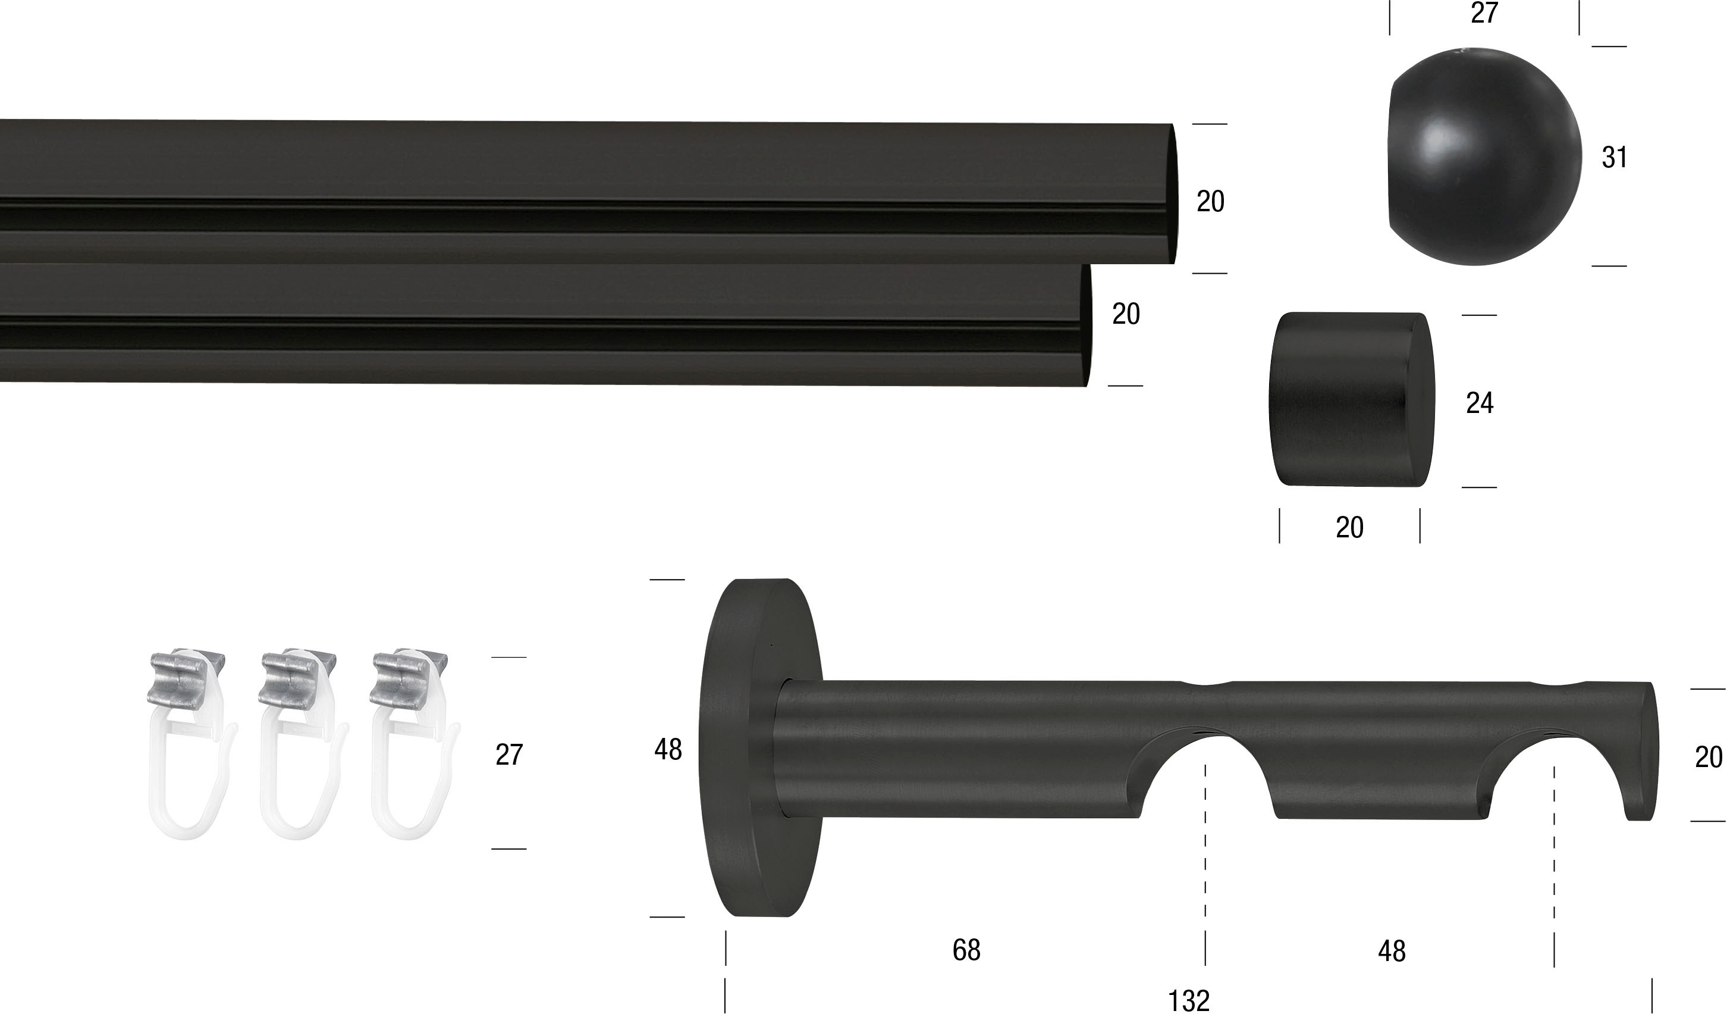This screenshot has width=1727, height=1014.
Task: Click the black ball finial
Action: (x=1484, y=157)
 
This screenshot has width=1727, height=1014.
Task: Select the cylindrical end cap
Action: (x=1352, y=400)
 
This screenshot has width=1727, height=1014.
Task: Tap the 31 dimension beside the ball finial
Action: (x=1615, y=157)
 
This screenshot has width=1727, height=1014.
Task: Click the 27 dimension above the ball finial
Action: (x=1484, y=13)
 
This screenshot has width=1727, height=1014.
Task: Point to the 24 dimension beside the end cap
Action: (x=1480, y=402)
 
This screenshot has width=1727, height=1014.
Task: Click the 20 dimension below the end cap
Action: (x=1349, y=527)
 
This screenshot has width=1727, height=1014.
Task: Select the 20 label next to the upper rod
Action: (x=1210, y=201)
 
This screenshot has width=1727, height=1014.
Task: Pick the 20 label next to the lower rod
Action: (x=1126, y=314)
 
